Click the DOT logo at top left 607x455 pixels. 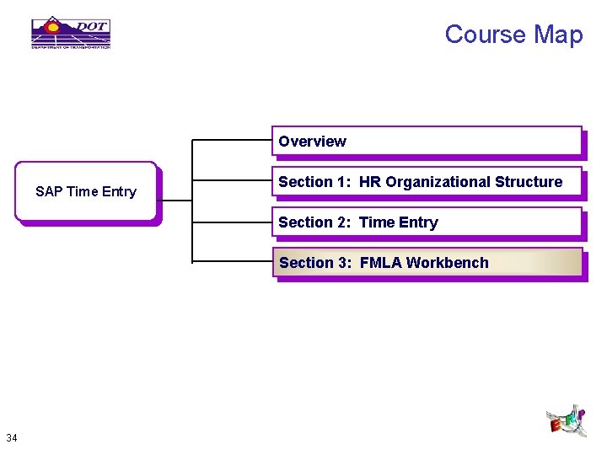point(71,33)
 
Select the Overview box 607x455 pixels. point(427,142)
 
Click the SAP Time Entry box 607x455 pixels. point(86,191)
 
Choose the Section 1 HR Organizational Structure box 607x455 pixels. point(427,182)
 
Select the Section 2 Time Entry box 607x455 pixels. point(427,222)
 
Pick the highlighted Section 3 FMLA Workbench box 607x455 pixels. point(427,263)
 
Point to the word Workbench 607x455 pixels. point(447,263)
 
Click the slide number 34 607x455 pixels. point(12,437)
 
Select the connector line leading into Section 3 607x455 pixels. point(232,262)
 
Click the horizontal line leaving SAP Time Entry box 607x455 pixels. point(175,201)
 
